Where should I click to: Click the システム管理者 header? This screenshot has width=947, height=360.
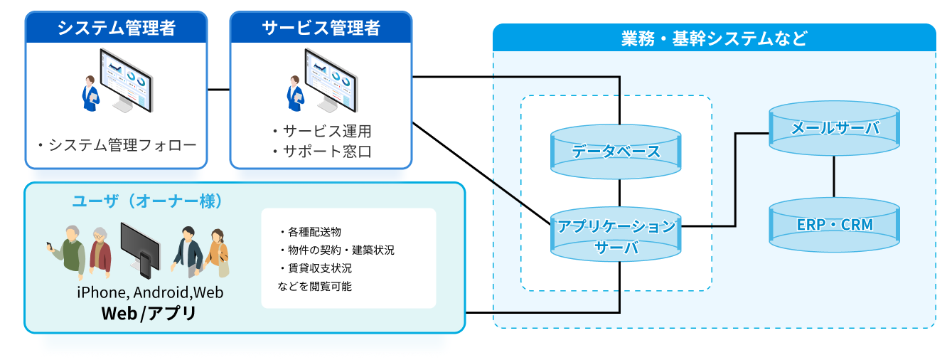(117, 28)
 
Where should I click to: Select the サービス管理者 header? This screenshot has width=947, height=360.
(321, 28)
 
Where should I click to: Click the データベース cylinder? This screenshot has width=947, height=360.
(616, 152)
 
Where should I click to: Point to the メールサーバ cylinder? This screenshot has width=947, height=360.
(835, 129)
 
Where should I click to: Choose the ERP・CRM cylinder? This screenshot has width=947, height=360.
(835, 225)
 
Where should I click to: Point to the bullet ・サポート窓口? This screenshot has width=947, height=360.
(321, 152)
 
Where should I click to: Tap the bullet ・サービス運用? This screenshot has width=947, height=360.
(321, 132)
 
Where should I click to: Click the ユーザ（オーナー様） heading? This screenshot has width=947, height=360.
(148, 201)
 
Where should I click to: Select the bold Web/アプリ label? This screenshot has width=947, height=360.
(149, 313)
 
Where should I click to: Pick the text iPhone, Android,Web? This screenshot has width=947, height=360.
(150, 292)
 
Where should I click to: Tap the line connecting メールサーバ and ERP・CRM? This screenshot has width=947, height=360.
(835, 174)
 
